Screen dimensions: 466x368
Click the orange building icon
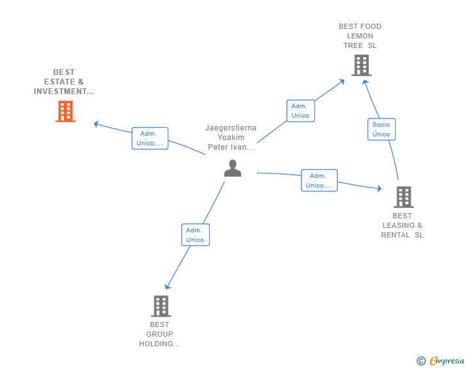pyautogui.click(x=65, y=111)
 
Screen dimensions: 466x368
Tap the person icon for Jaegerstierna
pyautogui.click(x=233, y=168)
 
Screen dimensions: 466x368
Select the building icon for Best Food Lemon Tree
pyautogui.click(x=362, y=65)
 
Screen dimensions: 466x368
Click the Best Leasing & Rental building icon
pyautogui.click(x=404, y=196)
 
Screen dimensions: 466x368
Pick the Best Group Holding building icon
pyautogui.click(x=161, y=306)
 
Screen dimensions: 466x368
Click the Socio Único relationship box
pyautogui.click(x=382, y=129)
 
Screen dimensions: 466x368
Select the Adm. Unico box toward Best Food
pyautogui.click(x=300, y=111)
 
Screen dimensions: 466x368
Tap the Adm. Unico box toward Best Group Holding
pyautogui.click(x=195, y=235)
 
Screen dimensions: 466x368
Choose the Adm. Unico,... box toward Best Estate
pyautogui.click(x=150, y=138)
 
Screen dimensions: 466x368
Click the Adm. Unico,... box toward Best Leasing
pyautogui.click(x=319, y=180)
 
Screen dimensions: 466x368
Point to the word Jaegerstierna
pyautogui.click(x=231, y=128)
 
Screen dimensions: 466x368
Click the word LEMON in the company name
pyautogui.click(x=360, y=36)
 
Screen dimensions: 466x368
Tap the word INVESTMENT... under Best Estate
pyautogui.click(x=63, y=92)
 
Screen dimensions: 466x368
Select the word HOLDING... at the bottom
pyautogui.click(x=159, y=344)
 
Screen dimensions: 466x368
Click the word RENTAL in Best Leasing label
pyautogui.click(x=396, y=235)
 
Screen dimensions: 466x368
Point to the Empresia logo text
pyautogui.click(x=447, y=360)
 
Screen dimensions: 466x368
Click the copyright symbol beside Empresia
pyautogui.click(x=421, y=361)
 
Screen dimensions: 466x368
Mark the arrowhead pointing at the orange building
pyautogui.click(x=96, y=124)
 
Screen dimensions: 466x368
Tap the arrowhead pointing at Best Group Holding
pyautogui.click(x=168, y=287)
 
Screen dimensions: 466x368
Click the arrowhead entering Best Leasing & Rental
pyautogui.click(x=380, y=188)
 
